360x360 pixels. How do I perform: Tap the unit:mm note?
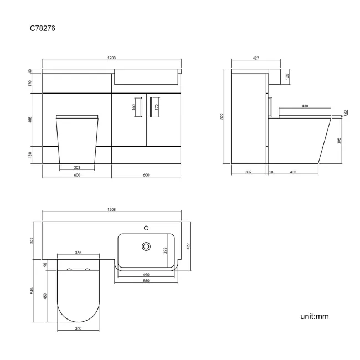tap(314, 316)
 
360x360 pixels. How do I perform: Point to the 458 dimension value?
tap(31, 120)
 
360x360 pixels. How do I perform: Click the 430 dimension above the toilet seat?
tap(305, 106)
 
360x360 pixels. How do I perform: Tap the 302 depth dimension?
tap(248, 172)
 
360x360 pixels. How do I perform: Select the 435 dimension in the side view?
tap(292, 172)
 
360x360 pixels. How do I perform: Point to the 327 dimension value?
tap(32, 240)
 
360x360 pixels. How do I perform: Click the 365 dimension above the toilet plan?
tap(78, 253)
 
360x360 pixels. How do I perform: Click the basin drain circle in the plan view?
tap(147, 246)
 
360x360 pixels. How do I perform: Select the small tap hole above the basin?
tap(147, 227)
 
